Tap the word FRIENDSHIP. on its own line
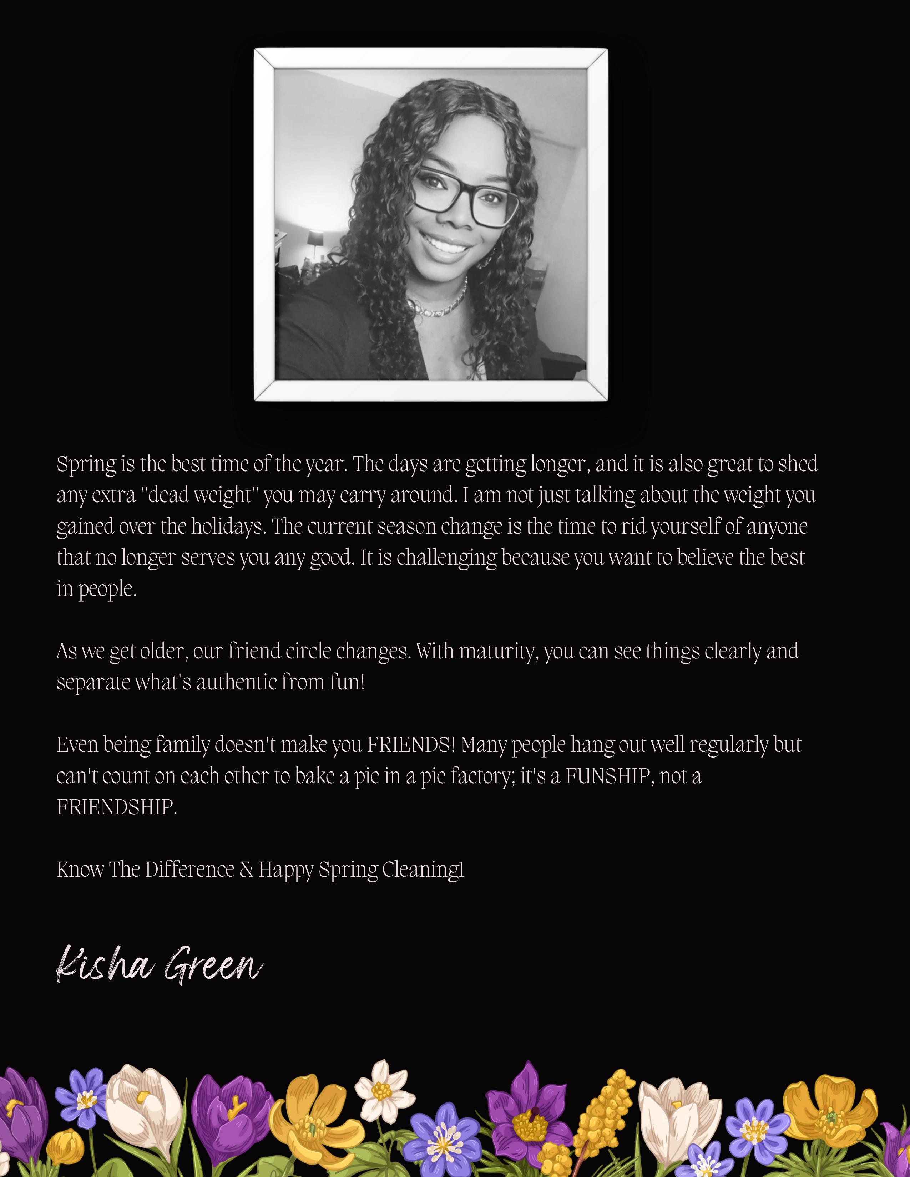click(x=116, y=807)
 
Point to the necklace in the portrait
click(x=439, y=305)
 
